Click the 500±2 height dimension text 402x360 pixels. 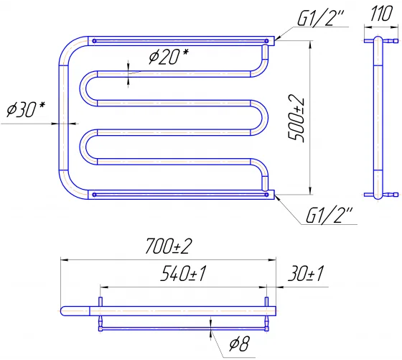(x=296, y=118)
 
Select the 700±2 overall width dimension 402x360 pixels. (x=168, y=246)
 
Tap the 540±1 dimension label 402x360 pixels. (x=183, y=274)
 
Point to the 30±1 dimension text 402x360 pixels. (x=306, y=274)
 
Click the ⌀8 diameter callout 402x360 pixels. (x=239, y=344)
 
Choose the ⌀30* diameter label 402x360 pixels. (x=26, y=109)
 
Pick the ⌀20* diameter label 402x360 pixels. (x=168, y=56)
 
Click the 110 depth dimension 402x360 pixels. (x=381, y=14)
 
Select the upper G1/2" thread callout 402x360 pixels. (x=320, y=18)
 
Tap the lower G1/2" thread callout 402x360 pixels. (x=329, y=216)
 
